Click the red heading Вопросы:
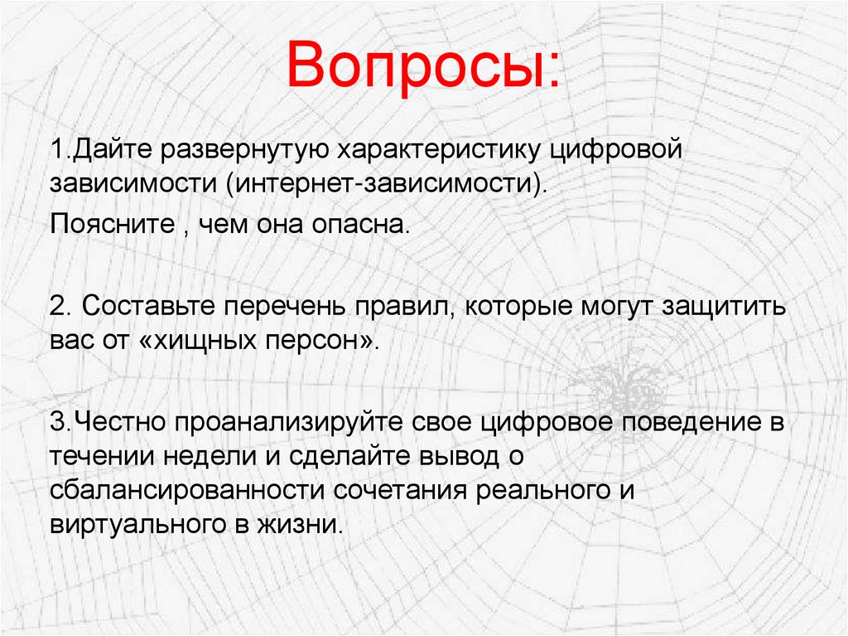[x=422, y=68]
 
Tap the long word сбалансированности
[x=189, y=490]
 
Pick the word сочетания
[x=402, y=490]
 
